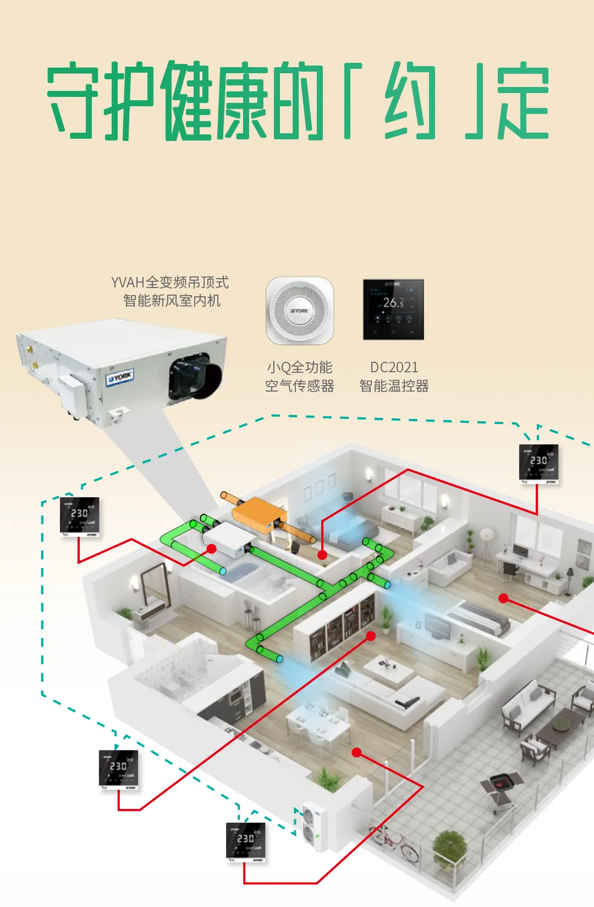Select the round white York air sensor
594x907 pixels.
[300, 311]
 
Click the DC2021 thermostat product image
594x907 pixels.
[393, 309]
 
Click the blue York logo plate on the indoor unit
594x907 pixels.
[120, 377]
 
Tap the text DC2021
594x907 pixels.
[394, 367]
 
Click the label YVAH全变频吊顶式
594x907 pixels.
[170, 283]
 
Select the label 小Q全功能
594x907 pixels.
[300, 367]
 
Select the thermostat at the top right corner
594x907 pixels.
[538, 464]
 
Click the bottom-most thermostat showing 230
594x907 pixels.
[246, 841]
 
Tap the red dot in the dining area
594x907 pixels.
[356, 752]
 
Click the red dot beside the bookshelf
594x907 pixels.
[371, 636]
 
